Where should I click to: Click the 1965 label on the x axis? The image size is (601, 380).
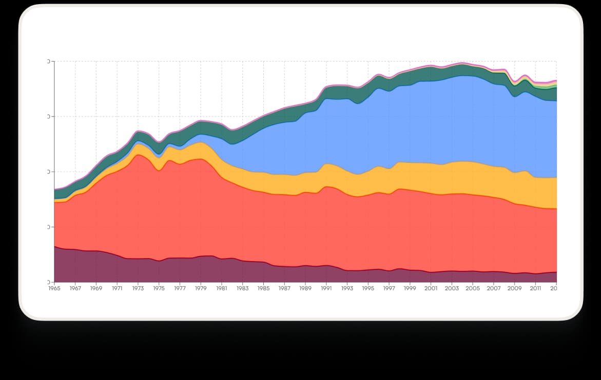[54, 289]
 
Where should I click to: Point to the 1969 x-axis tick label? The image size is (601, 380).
[96, 289]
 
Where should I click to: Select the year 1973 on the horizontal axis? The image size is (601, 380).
[138, 289]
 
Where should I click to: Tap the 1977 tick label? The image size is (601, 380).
[180, 289]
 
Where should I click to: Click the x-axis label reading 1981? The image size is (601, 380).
[222, 289]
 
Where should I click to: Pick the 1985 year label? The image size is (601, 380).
[263, 289]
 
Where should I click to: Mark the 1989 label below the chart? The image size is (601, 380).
[305, 289]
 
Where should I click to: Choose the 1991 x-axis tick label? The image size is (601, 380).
[326, 289]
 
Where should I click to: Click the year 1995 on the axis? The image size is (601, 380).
[368, 289]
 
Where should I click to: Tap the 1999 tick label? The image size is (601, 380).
[410, 289]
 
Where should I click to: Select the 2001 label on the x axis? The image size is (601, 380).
[431, 289]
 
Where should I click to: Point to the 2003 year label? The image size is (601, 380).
[452, 289]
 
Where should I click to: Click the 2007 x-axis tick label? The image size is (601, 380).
[494, 289]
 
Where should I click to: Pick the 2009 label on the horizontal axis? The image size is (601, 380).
[515, 289]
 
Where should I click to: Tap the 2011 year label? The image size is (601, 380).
[535, 289]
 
